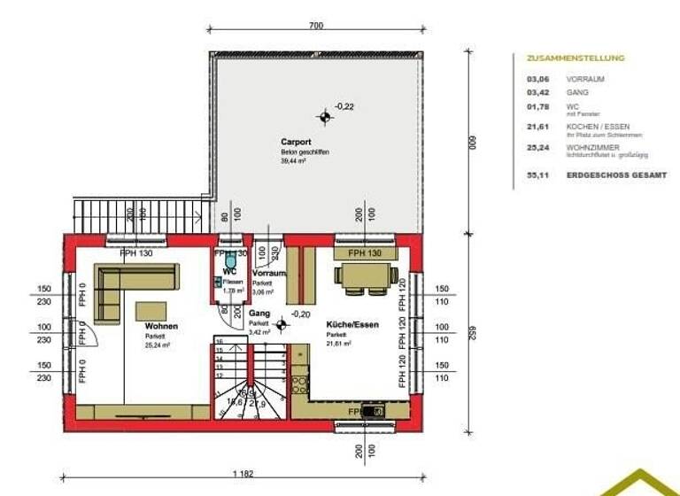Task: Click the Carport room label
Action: click(295, 142)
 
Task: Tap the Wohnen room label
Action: click(161, 326)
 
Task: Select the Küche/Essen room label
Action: click(352, 325)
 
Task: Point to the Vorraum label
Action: click(268, 275)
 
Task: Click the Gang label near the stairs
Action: click(259, 314)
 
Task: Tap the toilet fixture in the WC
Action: click(217, 281)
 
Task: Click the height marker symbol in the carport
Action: click(326, 116)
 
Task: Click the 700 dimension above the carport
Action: click(316, 27)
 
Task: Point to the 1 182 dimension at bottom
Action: click(243, 474)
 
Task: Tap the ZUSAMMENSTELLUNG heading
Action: click(575, 58)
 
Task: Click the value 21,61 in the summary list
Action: click(537, 127)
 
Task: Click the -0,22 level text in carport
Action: click(344, 106)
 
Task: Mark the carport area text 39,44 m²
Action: click(293, 162)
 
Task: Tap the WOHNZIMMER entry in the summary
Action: click(592, 147)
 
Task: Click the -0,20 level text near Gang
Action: click(301, 314)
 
